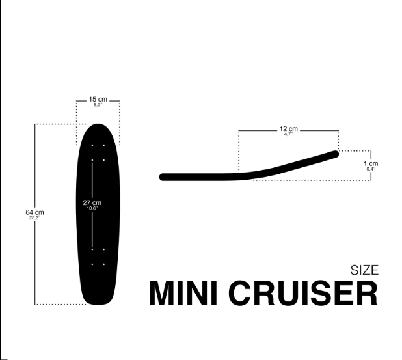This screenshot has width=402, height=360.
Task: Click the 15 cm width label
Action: (x=98, y=99)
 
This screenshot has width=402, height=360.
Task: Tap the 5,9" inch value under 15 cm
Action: (x=98, y=105)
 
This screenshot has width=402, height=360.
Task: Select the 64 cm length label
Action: (x=34, y=212)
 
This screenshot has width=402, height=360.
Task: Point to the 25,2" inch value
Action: (x=35, y=218)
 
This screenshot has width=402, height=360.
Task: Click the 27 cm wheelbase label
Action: (x=92, y=202)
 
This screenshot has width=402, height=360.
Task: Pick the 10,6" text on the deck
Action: (x=92, y=208)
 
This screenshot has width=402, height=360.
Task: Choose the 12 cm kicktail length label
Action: (x=289, y=128)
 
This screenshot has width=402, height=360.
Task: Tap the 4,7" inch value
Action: (x=288, y=134)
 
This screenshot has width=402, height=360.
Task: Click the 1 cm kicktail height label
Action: (x=371, y=163)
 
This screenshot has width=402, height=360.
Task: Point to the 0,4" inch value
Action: (x=371, y=169)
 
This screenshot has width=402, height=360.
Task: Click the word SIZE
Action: (x=364, y=270)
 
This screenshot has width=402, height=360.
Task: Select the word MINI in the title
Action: (x=183, y=293)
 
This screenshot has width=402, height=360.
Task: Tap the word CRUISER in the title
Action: (x=303, y=293)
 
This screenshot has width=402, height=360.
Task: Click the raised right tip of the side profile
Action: (x=336, y=154)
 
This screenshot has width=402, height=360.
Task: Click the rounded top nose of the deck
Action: (x=98, y=124)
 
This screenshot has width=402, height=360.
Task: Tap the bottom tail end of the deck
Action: (x=98, y=304)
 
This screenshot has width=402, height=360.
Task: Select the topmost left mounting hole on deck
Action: (x=92, y=145)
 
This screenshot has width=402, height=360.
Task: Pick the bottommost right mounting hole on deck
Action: (x=104, y=264)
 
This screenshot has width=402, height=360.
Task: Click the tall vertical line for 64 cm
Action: (x=35, y=214)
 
